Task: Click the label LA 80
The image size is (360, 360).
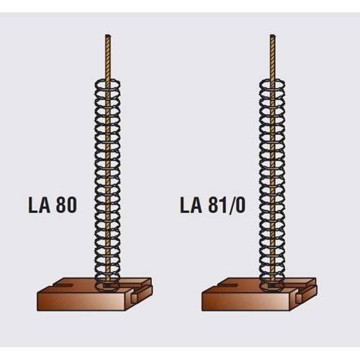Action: coord(53,205)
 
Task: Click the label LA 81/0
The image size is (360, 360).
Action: coord(213,205)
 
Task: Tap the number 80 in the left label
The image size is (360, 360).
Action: coord(66,205)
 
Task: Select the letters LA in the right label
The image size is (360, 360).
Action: coord(191,205)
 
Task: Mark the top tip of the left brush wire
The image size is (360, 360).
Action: coord(109,35)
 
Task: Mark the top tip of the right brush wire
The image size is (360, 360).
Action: coord(273,35)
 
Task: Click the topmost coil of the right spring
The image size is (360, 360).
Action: coord(272,81)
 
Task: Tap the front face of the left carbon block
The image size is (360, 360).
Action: coord(81,299)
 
